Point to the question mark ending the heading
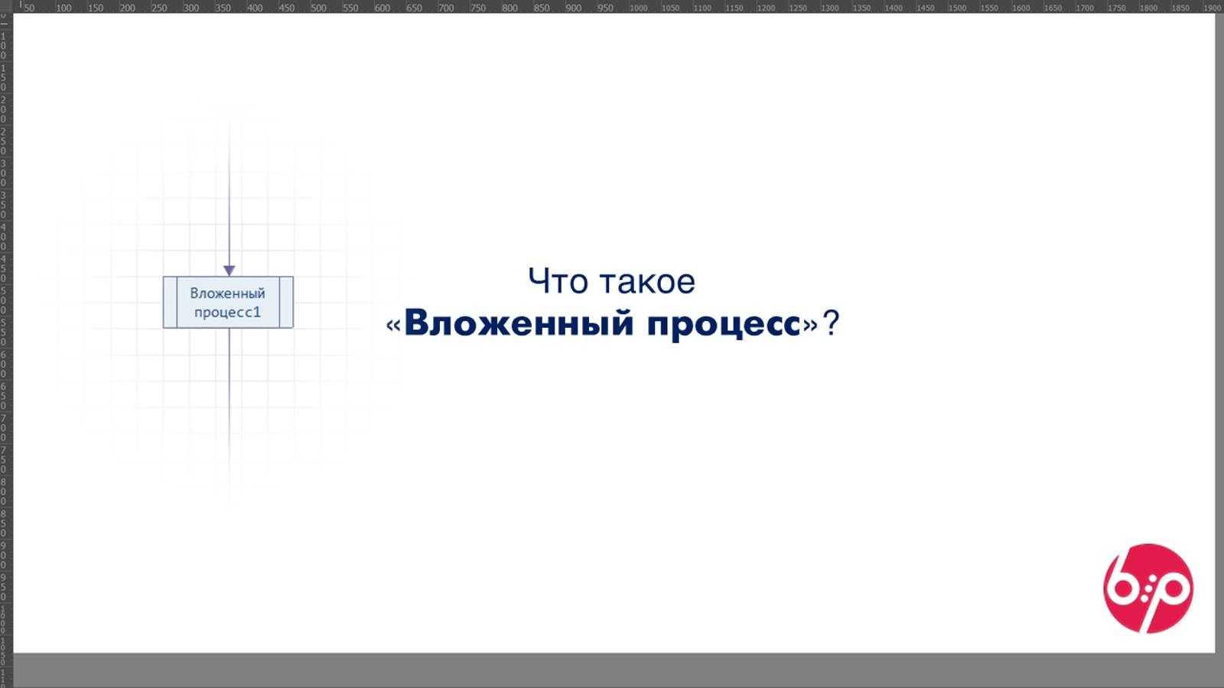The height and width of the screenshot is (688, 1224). pyautogui.click(x=831, y=323)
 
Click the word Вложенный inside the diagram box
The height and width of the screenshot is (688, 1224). pyautogui.click(x=227, y=294)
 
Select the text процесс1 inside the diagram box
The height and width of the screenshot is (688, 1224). pyautogui.click(x=227, y=312)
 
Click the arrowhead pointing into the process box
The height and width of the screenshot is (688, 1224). pyautogui.click(x=229, y=271)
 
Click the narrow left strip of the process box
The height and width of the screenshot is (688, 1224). pyautogui.click(x=170, y=303)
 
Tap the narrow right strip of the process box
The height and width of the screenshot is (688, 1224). pyautogui.click(x=286, y=303)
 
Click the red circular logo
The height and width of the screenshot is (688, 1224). pyautogui.click(x=1147, y=589)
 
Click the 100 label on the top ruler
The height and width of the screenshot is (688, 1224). pyautogui.click(x=64, y=8)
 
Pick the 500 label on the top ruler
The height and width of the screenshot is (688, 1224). pyautogui.click(x=318, y=8)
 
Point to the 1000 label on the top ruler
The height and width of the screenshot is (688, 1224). pyautogui.click(x=638, y=8)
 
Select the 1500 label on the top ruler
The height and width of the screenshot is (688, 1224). pyautogui.click(x=957, y=8)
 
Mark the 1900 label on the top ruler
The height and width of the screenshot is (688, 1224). pyautogui.click(x=1212, y=8)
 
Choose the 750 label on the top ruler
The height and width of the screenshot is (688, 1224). pyautogui.click(x=478, y=8)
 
